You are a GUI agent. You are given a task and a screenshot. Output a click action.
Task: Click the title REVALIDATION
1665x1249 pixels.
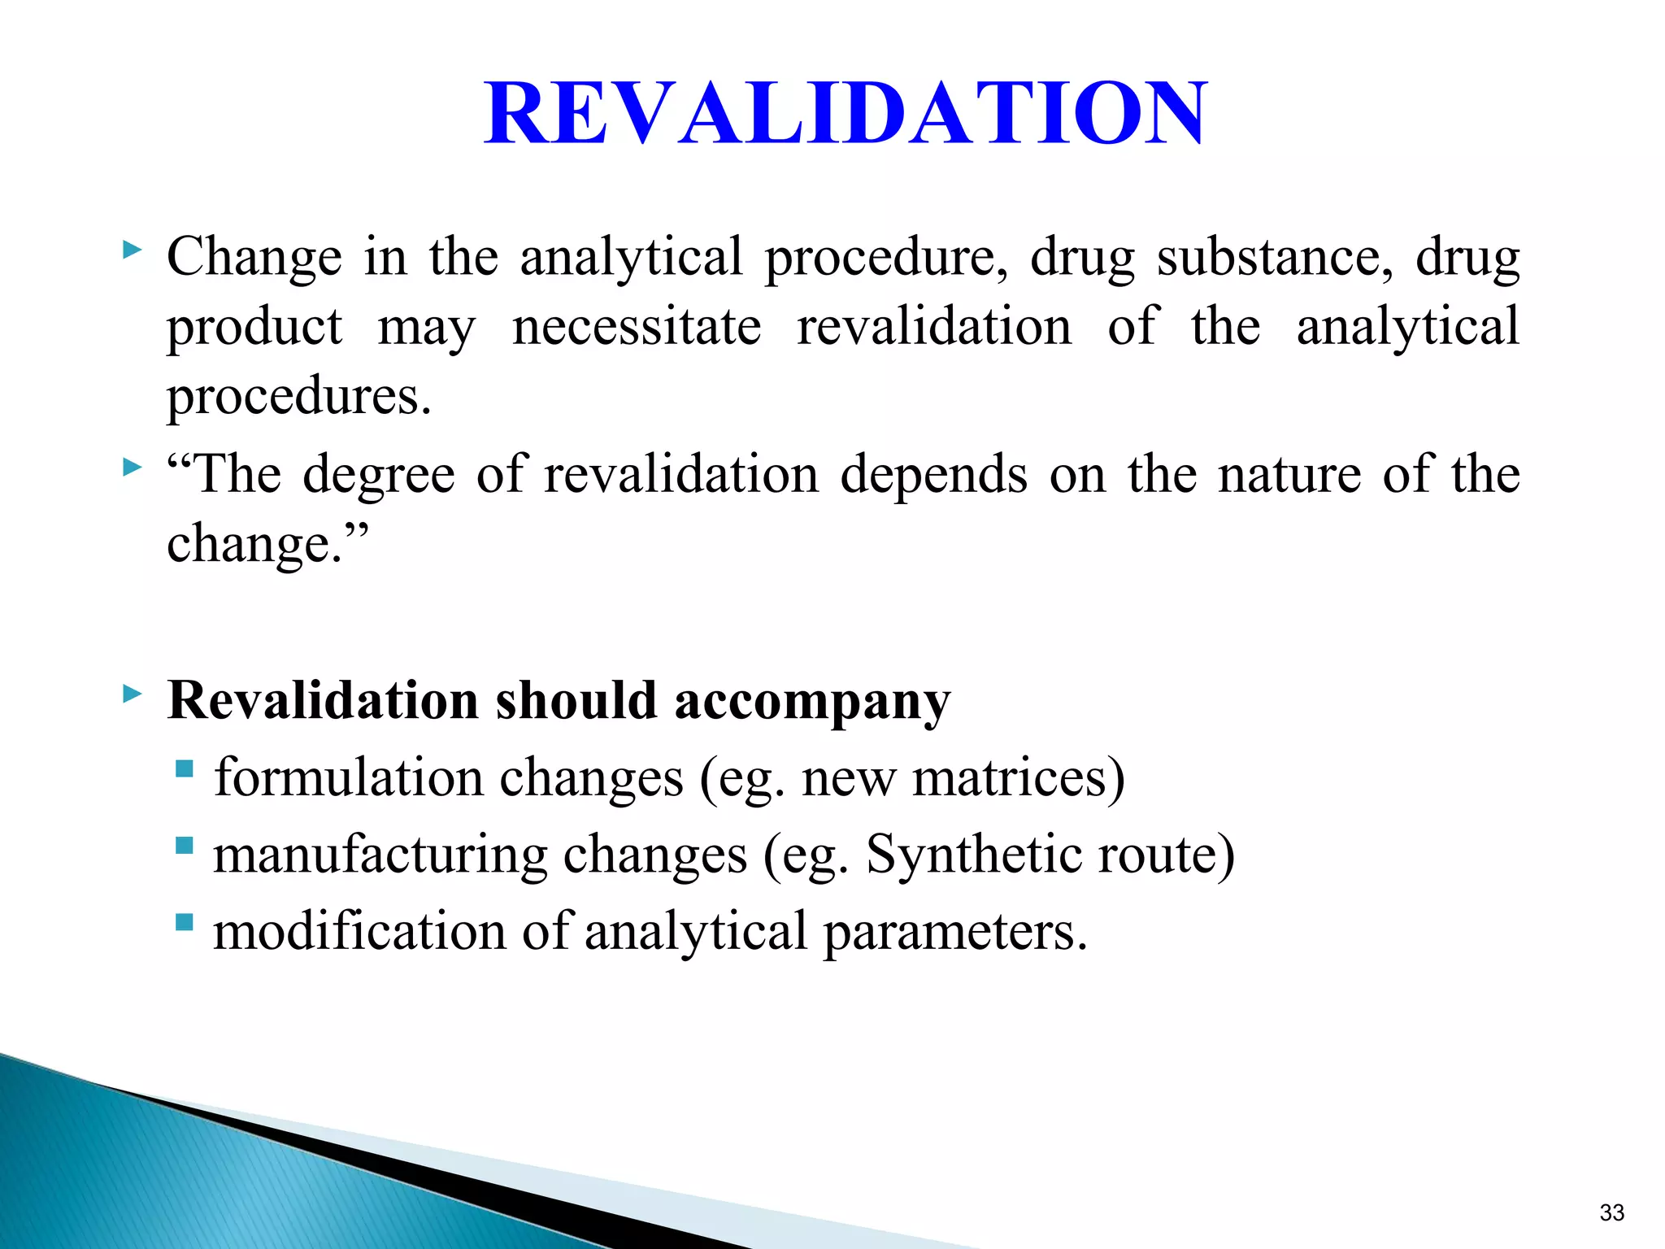(846, 114)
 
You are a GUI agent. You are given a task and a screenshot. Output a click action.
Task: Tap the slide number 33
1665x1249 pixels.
(1611, 1212)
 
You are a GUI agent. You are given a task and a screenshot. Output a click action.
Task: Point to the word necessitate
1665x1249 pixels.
(637, 327)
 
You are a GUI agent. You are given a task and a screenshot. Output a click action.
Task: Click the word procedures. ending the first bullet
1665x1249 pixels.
(298, 398)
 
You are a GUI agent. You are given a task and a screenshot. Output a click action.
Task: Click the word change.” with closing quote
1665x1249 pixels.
(267, 545)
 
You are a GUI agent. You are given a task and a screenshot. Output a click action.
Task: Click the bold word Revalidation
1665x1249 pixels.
(323, 700)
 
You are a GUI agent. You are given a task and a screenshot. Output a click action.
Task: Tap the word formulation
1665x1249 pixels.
(349, 777)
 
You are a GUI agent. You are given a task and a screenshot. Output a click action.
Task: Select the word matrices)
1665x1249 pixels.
(1019, 777)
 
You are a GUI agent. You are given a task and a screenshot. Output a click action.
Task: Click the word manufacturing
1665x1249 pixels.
(380, 856)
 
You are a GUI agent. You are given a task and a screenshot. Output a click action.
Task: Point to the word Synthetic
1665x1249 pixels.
(973, 856)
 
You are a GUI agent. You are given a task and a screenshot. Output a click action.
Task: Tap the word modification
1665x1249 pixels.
(359, 931)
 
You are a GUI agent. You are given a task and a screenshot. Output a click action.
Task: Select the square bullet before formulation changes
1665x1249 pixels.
(185, 768)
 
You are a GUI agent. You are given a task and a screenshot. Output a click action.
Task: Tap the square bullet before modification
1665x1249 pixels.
(185, 922)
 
